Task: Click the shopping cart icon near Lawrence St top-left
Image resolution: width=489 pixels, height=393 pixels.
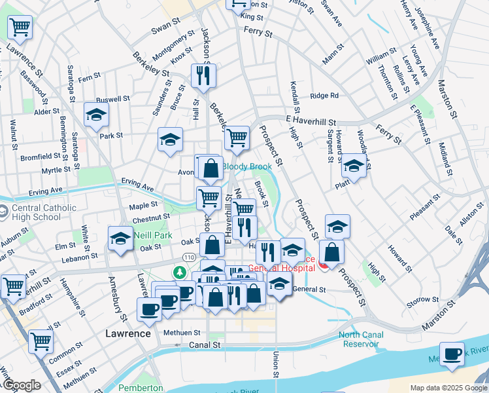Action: [x=20, y=28]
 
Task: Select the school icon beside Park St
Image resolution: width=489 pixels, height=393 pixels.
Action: [x=96, y=115]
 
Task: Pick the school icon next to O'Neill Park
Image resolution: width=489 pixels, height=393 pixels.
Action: [x=121, y=240]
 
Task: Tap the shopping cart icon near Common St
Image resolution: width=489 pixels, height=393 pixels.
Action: [x=41, y=341]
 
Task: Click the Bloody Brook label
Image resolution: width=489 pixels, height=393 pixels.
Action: [x=246, y=166]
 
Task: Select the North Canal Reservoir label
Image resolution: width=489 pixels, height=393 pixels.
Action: [x=360, y=339]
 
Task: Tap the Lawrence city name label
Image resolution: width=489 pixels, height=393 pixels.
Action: [x=128, y=333]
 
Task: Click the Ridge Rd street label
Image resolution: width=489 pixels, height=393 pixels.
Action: [x=324, y=96]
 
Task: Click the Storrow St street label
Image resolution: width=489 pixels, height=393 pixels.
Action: [x=419, y=300]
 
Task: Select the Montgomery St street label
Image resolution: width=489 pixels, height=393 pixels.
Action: [x=173, y=45]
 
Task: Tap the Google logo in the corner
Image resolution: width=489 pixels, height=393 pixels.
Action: [x=21, y=385]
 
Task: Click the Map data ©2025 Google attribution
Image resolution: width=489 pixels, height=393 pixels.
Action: [x=448, y=388]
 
